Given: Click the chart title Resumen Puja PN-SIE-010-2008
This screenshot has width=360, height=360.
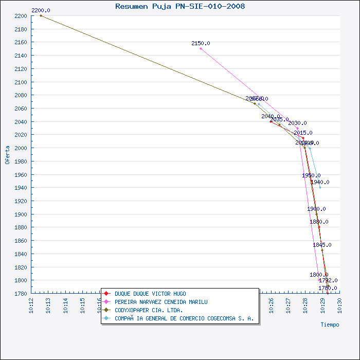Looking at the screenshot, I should pos(180,6).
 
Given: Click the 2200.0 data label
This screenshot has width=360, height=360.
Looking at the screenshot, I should pos(41,10).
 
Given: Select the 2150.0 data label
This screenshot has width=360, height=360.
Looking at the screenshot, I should pos(201,43).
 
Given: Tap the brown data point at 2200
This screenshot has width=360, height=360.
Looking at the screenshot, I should pos(41,15).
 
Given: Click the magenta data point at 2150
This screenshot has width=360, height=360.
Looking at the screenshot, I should pos(201,48).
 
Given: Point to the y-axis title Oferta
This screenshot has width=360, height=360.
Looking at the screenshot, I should pos(7,154).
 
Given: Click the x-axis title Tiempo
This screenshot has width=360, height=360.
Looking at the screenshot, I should pos(330,325).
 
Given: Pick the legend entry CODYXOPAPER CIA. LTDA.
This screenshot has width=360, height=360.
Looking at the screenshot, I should pos(149,310).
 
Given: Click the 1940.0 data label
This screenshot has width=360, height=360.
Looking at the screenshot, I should pos(320,182).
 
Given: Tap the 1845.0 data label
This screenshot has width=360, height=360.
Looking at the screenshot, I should pos(322,245).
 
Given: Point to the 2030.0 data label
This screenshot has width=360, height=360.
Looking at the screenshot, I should pos(297,123).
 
